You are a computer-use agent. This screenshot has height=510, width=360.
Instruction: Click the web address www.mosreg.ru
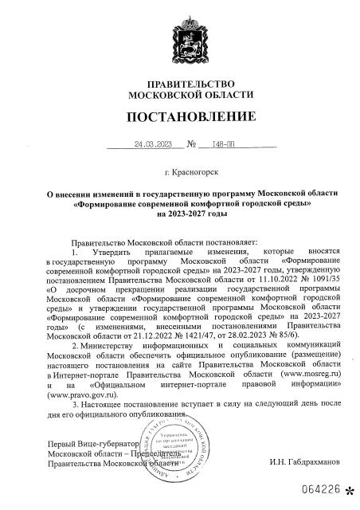(x=291, y=373)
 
